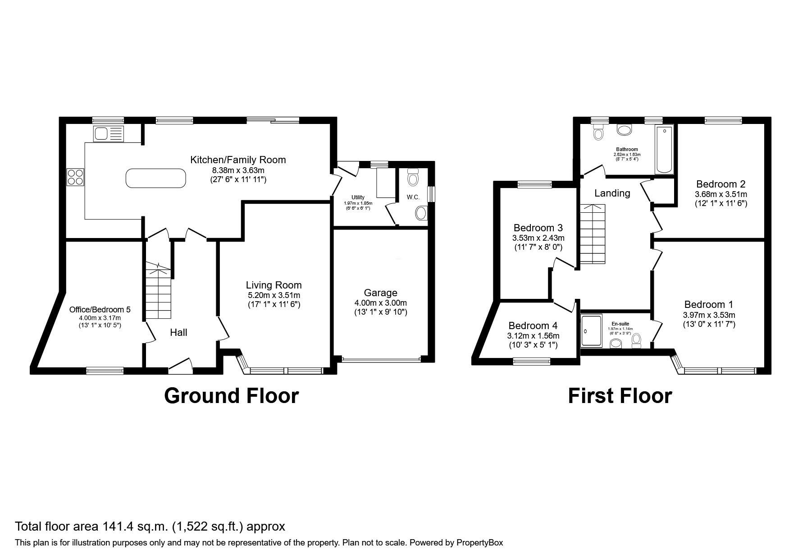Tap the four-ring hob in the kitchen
pyautogui.click(x=75, y=176)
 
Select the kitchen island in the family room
pyautogui.click(x=155, y=178)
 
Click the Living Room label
pyautogui.click(x=274, y=285)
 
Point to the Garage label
pyautogui.click(x=380, y=293)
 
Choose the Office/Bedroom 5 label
pyautogui.click(x=100, y=310)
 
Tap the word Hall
pyautogui.click(x=178, y=333)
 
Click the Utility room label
pyautogui.click(x=358, y=197)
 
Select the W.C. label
pyautogui.click(x=413, y=197)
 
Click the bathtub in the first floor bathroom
pyautogui.click(x=664, y=150)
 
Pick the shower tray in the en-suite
pyautogui.click(x=591, y=331)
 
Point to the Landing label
pyautogui.click(x=612, y=193)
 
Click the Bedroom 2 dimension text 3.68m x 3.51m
pyautogui.click(x=720, y=194)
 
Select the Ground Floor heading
pyautogui.click(x=231, y=395)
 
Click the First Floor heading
pyautogui.click(x=620, y=395)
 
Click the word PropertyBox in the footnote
pyautogui.click(x=479, y=543)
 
